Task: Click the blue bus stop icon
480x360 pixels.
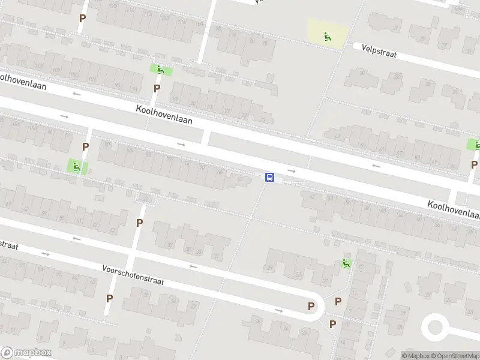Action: click(270, 178)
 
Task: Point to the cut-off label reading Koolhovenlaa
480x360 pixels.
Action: click(454, 210)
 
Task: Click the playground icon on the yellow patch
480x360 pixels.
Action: click(328, 37)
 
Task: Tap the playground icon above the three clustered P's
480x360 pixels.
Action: click(346, 263)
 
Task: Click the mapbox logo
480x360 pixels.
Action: click(26, 353)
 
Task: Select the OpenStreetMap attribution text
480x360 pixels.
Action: click(453, 356)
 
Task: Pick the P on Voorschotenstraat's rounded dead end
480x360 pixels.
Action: click(311, 306)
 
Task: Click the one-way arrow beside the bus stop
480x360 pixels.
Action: click(291, 171)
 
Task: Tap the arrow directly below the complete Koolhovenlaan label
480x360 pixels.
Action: click(181, 144)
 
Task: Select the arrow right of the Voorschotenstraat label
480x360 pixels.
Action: click(193, 266)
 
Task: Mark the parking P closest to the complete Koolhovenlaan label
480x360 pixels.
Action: click(157, 88)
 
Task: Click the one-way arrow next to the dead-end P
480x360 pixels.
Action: click(278, 311)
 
